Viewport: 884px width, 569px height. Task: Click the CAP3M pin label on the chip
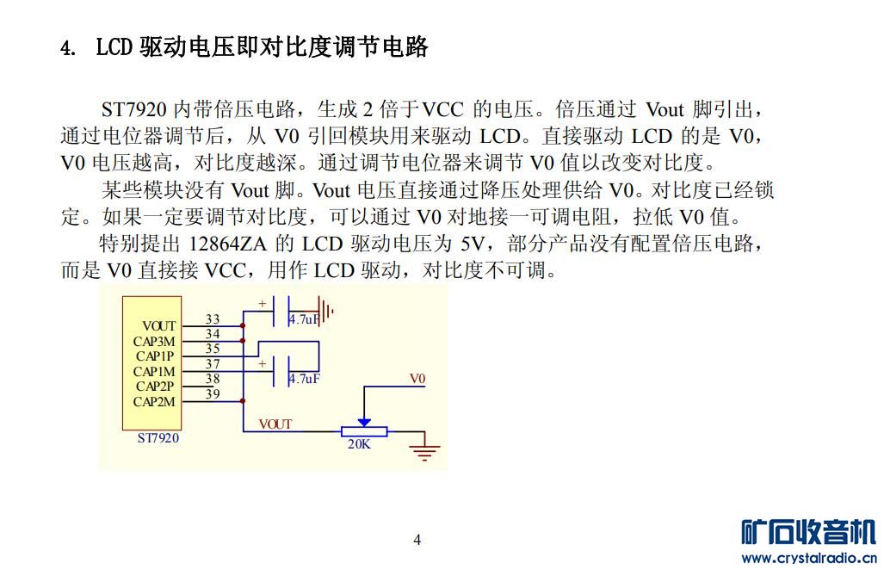click(154, 341)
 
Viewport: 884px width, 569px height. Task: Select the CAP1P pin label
click(155, 356)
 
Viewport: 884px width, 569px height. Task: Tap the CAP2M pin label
click(154, 401)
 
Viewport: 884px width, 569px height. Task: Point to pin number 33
click(213, 319)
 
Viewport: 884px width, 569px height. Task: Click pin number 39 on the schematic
click(213, 393)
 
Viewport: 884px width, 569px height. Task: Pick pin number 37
click(213, 364)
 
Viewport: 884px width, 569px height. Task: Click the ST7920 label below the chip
click(158, 438)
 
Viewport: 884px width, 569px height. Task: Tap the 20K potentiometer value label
click(359, 444)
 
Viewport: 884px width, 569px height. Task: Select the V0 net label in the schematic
click(417, 379)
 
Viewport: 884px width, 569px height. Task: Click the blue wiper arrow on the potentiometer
click(364, 422)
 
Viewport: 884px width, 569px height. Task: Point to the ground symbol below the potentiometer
click(424, 450)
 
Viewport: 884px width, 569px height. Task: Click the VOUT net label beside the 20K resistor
click(275, 424)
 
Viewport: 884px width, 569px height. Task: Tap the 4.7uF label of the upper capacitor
click(304, 319)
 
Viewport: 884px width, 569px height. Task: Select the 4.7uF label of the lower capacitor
click(304, 379)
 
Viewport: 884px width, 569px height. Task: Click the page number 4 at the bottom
click(417, 540)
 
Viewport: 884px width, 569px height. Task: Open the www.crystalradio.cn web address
click(810, 559)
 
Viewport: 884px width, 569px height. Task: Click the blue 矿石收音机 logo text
click(809, 533)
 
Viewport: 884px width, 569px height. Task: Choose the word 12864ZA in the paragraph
click(226, 244)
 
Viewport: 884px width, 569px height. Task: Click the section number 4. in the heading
click(68, 48)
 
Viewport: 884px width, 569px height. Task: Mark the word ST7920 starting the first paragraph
click(134, 108)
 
